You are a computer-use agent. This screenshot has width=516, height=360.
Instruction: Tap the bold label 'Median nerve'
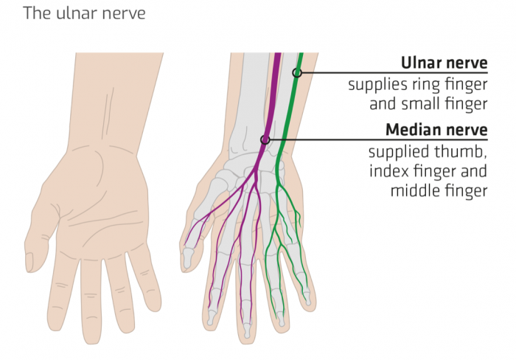coord(436,130)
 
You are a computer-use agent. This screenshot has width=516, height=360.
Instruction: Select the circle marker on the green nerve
coord(297,72)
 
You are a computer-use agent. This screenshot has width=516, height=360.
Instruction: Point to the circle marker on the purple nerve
coord(265,139)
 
